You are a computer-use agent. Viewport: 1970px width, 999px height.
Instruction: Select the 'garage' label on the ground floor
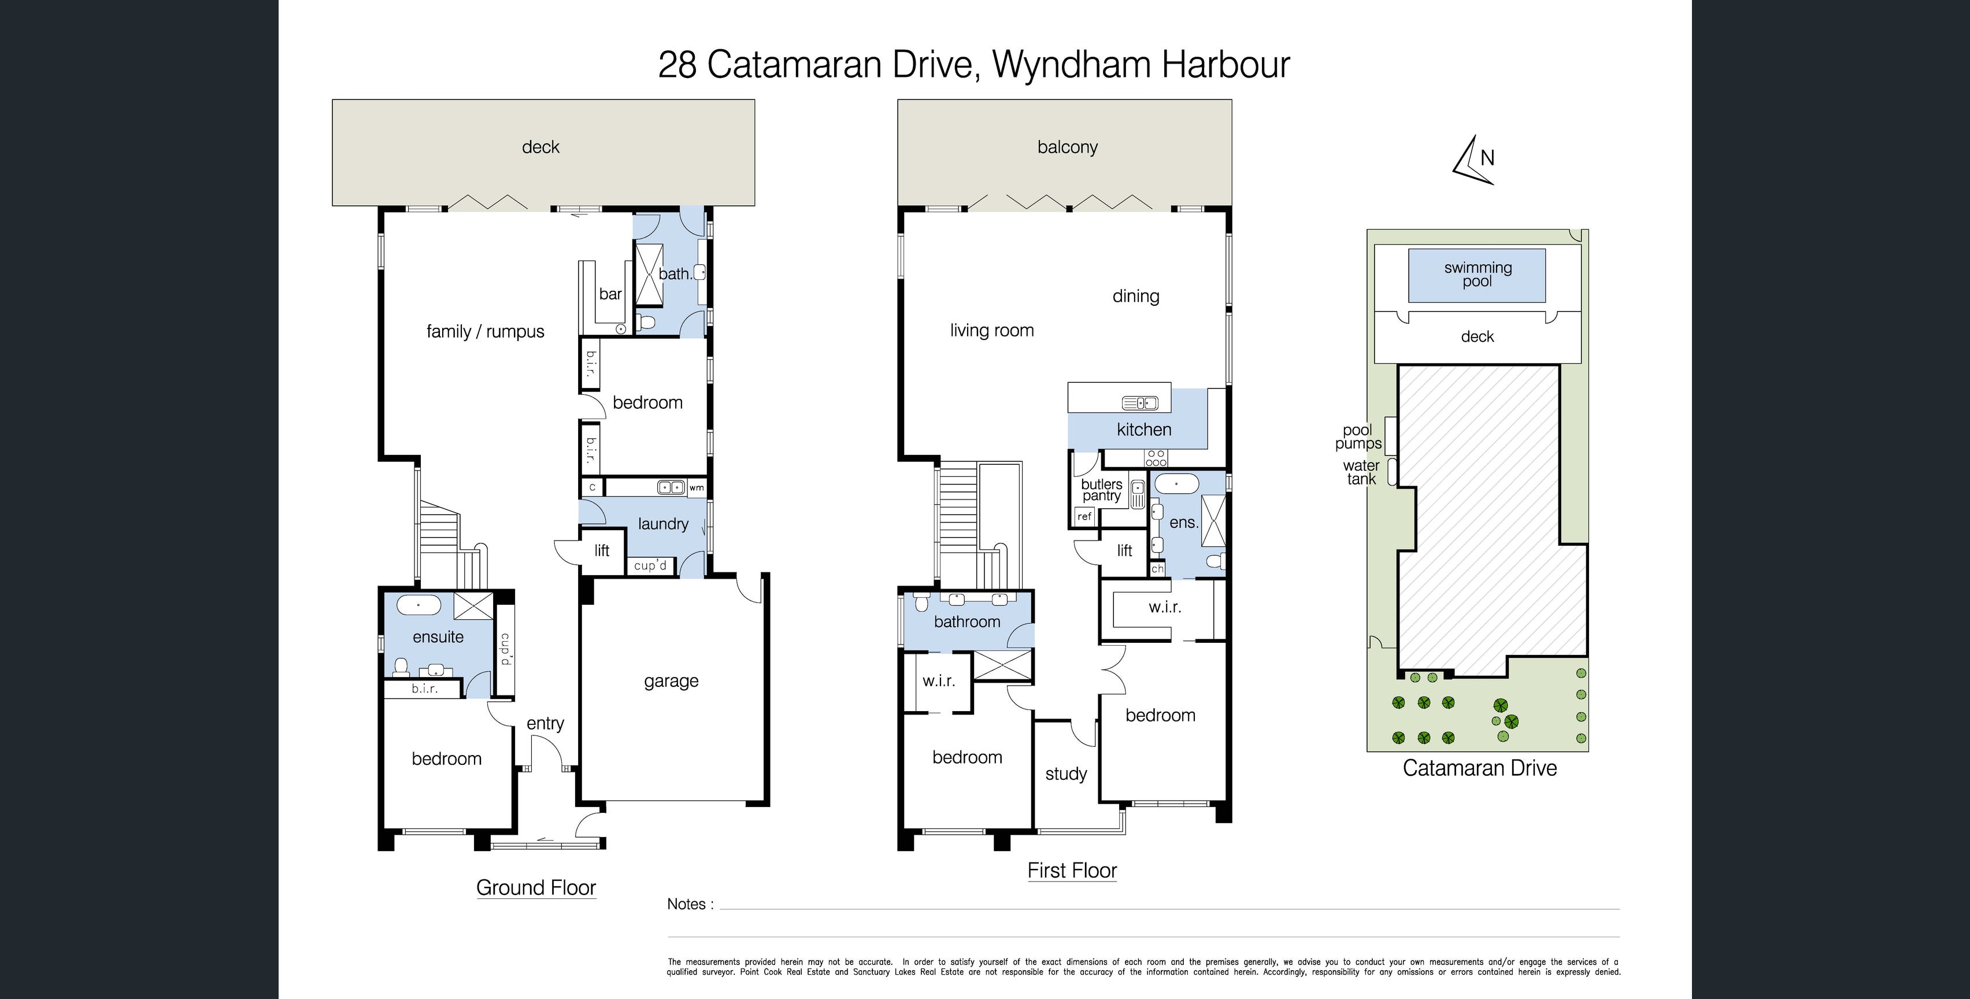671,682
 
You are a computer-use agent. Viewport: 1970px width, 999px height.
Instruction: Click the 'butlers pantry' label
1101,490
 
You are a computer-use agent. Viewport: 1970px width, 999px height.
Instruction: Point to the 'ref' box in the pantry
1084,516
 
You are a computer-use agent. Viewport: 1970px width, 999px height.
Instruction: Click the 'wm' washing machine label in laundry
696,487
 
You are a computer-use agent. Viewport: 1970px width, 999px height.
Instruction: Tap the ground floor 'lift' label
602,550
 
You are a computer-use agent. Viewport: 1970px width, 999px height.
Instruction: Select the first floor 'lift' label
1124,550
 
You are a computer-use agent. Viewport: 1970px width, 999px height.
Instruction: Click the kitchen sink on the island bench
1140,402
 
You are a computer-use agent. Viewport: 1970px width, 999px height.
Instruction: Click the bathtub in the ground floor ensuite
419,606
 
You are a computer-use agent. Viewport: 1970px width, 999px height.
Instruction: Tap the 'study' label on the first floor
1066,774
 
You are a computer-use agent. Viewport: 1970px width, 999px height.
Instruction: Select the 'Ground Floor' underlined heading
536,887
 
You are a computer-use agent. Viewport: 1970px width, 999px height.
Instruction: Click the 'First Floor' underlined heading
1072,871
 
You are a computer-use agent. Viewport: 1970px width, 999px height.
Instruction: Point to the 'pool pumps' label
1358,437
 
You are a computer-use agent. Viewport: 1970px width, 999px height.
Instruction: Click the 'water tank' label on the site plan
1361,472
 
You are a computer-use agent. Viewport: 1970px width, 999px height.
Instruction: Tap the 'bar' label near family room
610,294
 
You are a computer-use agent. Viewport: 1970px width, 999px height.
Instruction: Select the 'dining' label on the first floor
1136,297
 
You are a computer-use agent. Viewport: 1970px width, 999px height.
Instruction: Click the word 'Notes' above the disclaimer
686,904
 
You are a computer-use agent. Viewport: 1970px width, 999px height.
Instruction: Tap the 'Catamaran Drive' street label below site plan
1480,768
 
